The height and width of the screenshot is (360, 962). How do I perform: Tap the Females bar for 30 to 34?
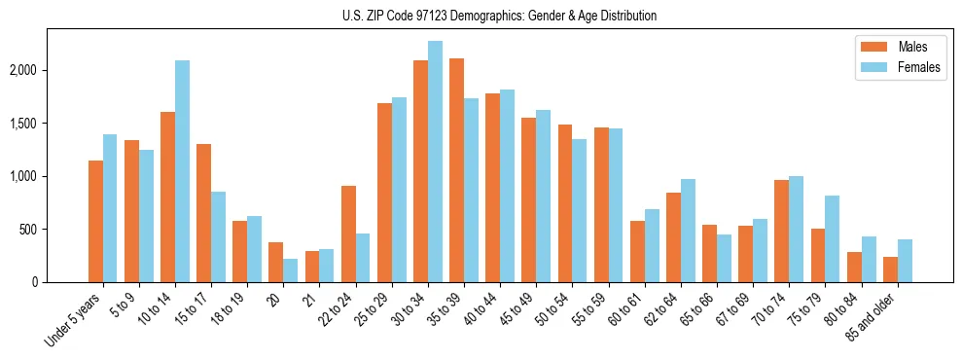435,162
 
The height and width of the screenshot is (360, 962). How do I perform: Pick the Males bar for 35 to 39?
456,170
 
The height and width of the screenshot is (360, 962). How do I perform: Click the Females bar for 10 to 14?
182,171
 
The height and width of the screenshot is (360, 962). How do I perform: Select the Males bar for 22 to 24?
348,234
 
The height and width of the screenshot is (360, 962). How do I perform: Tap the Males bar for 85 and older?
890,270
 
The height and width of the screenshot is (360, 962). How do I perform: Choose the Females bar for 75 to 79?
832,239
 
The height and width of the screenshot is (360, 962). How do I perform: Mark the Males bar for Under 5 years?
95,221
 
